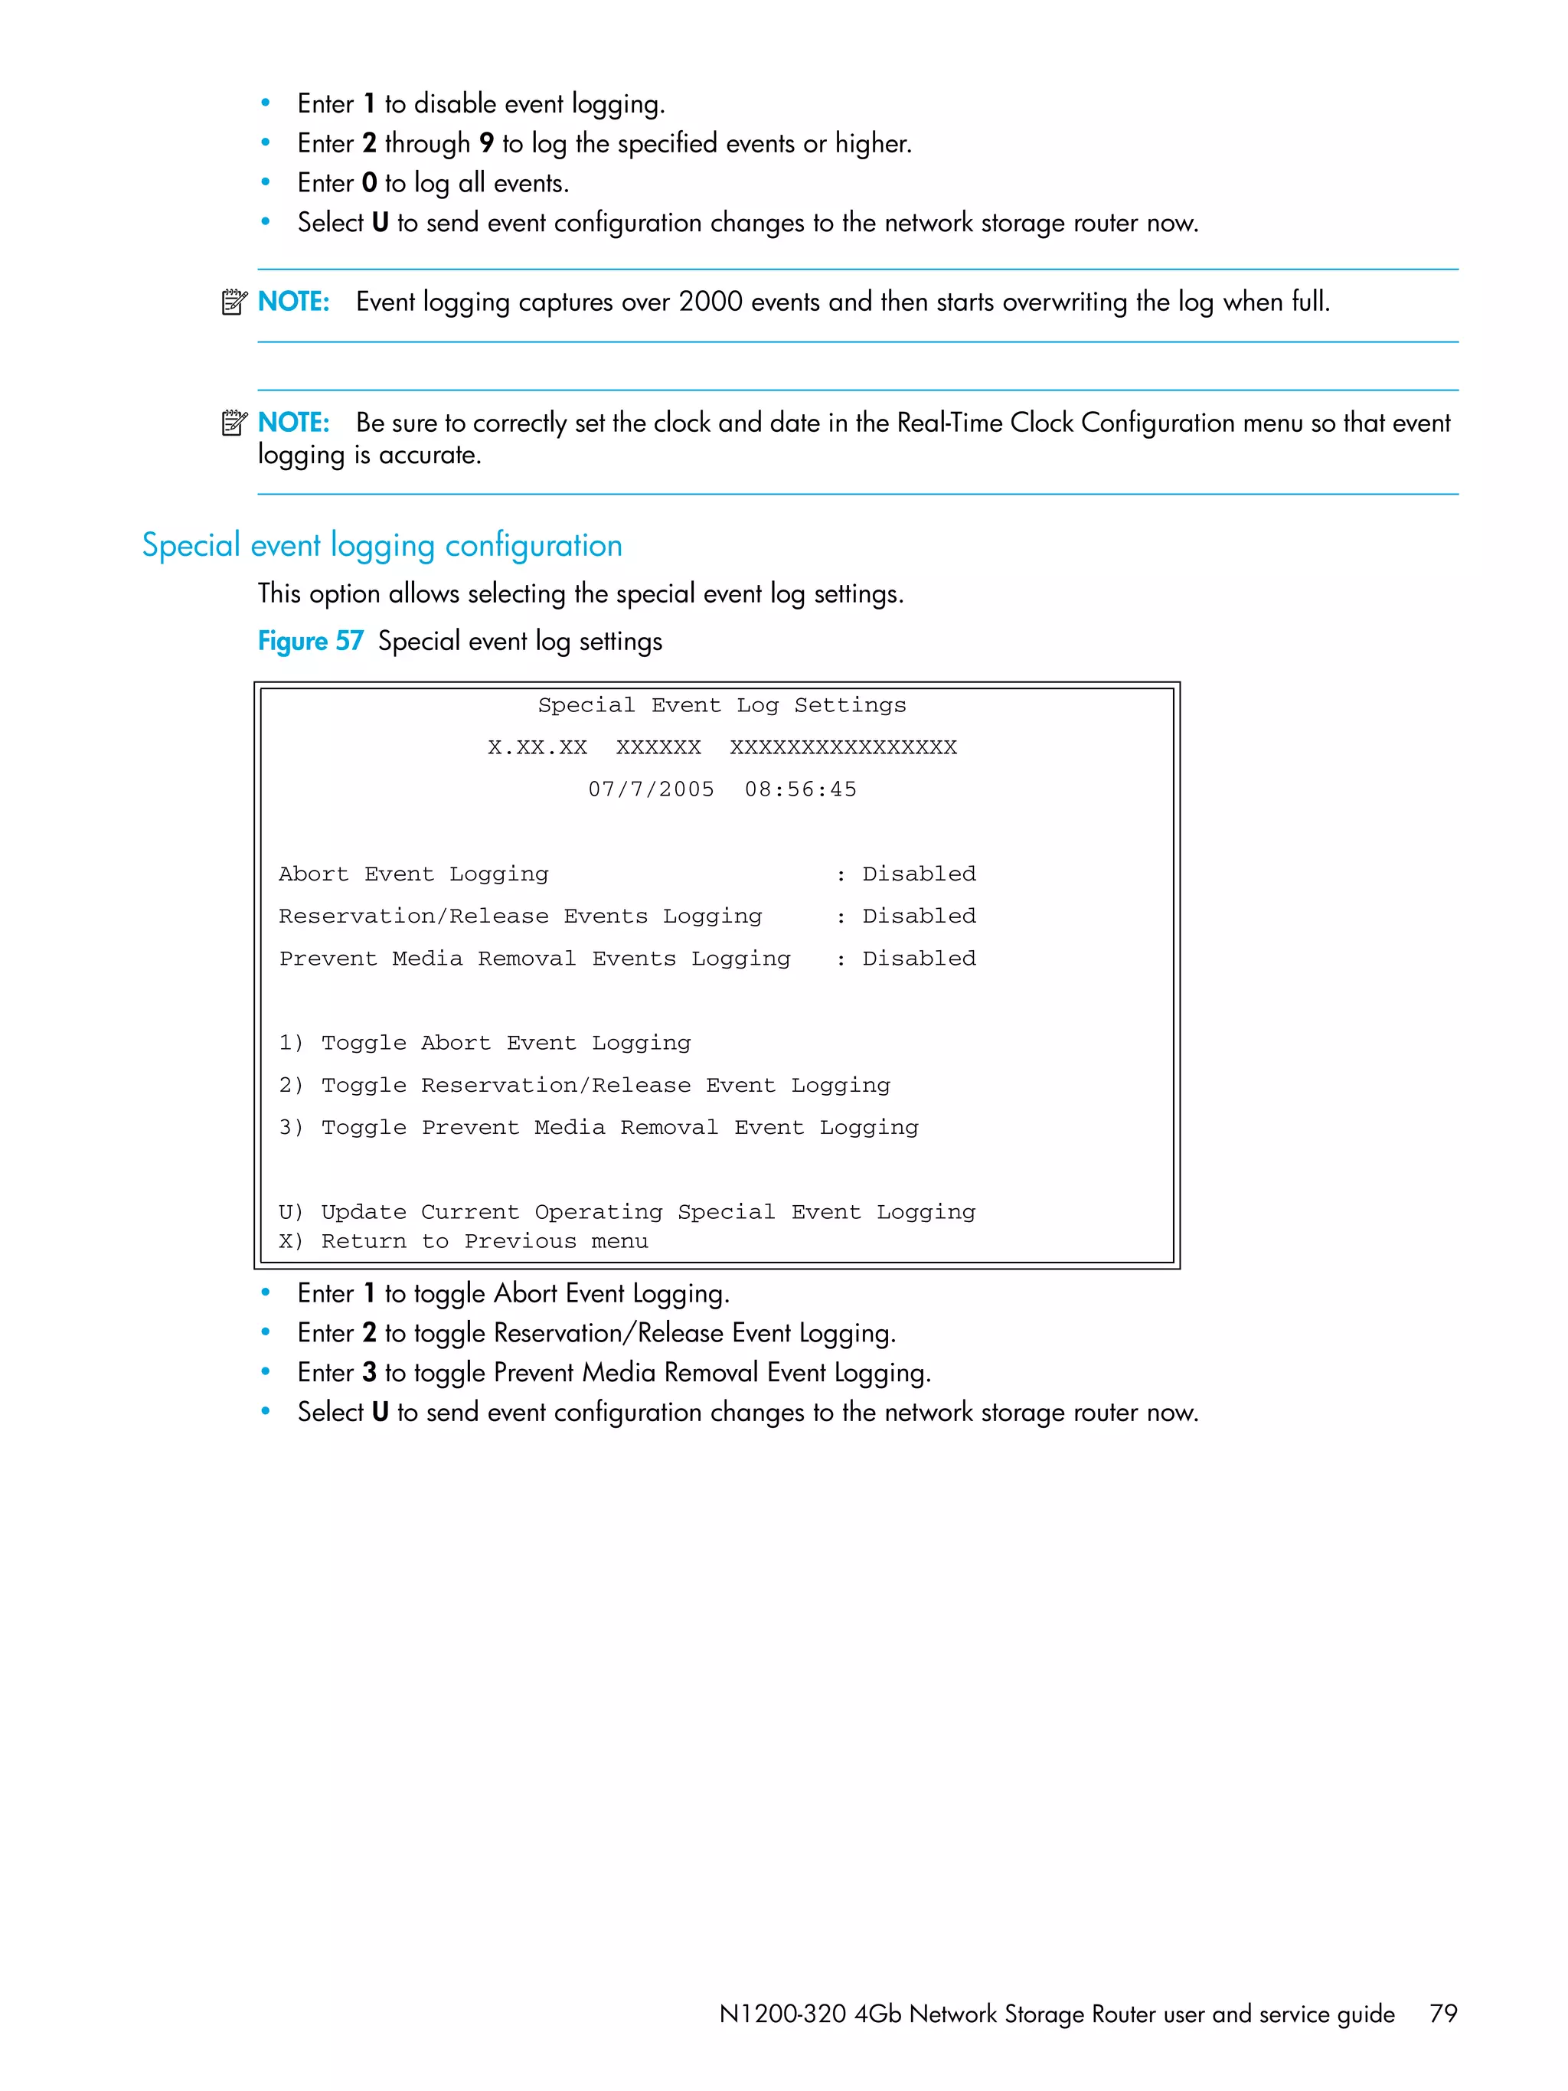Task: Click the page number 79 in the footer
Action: tap(1442, 2014)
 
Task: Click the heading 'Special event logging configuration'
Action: tap(382, 545)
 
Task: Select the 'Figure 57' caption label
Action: tap(310, 641)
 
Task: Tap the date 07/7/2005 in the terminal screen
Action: tap(652, 789)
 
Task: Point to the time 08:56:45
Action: tap(801, 789)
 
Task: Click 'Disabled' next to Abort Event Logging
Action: tap(919, 874)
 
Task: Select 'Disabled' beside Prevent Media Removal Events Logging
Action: tap(919, 959)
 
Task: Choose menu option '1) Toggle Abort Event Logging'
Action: tap(485, 1043)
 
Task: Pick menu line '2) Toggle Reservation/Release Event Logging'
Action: tap(584, 1085)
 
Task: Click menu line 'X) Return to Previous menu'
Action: tap(463, 1241)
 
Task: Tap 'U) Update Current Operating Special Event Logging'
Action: tap(626, 1212)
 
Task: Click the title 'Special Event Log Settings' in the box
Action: tap(722, 705)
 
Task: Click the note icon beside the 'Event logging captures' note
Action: tap(234, 302)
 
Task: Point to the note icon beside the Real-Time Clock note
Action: tap(234, 423)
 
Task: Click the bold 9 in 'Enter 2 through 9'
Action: tap(486, 142)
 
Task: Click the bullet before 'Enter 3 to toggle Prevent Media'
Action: tap(266, 1371)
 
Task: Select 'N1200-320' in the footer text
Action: tap(782, 2014)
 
